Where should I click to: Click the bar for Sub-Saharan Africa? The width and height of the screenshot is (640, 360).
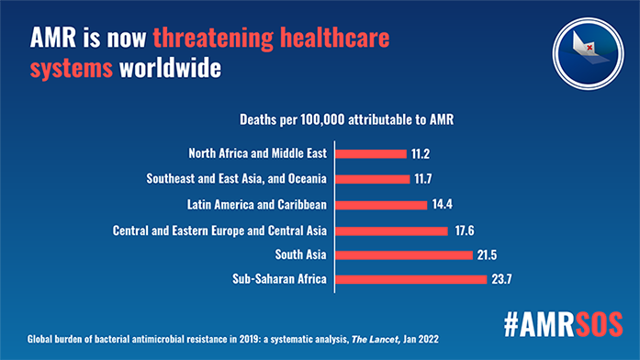(x=411, y=279)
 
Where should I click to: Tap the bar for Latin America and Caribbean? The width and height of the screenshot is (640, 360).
(x=382, y=204)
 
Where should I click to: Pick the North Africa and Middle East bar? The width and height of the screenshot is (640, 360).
(x=372, y=153)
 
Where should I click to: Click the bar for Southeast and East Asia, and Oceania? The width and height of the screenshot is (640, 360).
(x=374, y=178)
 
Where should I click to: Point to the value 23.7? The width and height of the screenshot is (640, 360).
(x=505, y=279)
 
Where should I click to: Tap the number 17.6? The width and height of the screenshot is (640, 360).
(x=466, y=230)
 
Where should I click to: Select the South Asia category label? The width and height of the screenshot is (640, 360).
(x=303, y=254)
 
